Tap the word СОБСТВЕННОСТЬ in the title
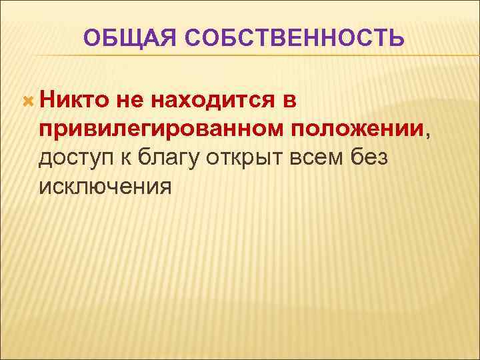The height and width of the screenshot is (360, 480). click(291, 37)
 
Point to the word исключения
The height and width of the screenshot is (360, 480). click(105, 187)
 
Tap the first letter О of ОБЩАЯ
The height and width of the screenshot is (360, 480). click(92, 37)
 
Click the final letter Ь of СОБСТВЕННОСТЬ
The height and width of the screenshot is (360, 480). click(397, 37)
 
